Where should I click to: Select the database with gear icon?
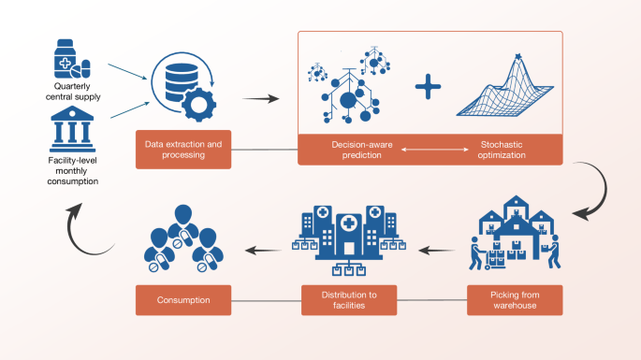point(183,87)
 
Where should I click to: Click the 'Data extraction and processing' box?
point(183,150)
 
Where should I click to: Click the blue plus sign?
point(429,89)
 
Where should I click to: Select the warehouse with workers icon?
point(516,238)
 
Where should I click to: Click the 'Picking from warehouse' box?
point(515,300)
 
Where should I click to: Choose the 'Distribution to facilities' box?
point(347,300)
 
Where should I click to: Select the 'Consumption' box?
point(183,300)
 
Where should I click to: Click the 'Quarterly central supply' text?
point(72,94)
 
